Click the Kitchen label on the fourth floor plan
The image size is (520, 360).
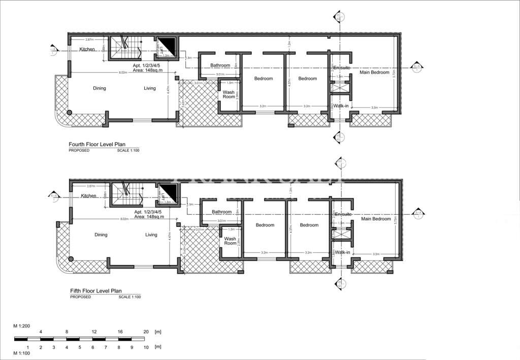click(x=87, y=49)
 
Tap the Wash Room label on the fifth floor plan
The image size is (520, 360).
click(x=230, y=241)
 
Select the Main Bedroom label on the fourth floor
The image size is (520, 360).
click(x=374, y=73)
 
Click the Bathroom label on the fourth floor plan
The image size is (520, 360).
click(x=220, y=65)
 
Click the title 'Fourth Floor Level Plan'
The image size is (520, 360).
click(x=97, y=144)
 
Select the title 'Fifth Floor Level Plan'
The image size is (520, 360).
click(x=95, y=291)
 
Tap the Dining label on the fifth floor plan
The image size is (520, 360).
click(x=101, y=235)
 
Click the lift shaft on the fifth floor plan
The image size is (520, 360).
click(x=167, y=193)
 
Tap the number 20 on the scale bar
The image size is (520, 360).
click(x=146, y=331)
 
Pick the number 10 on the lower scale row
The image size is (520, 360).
click(x=146, y=347)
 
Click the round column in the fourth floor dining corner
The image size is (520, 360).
click(x=70, y=112)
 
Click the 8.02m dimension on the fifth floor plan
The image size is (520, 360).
click(x=123, y=219)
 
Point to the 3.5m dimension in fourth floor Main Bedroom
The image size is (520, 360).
click(x=374, y=107)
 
